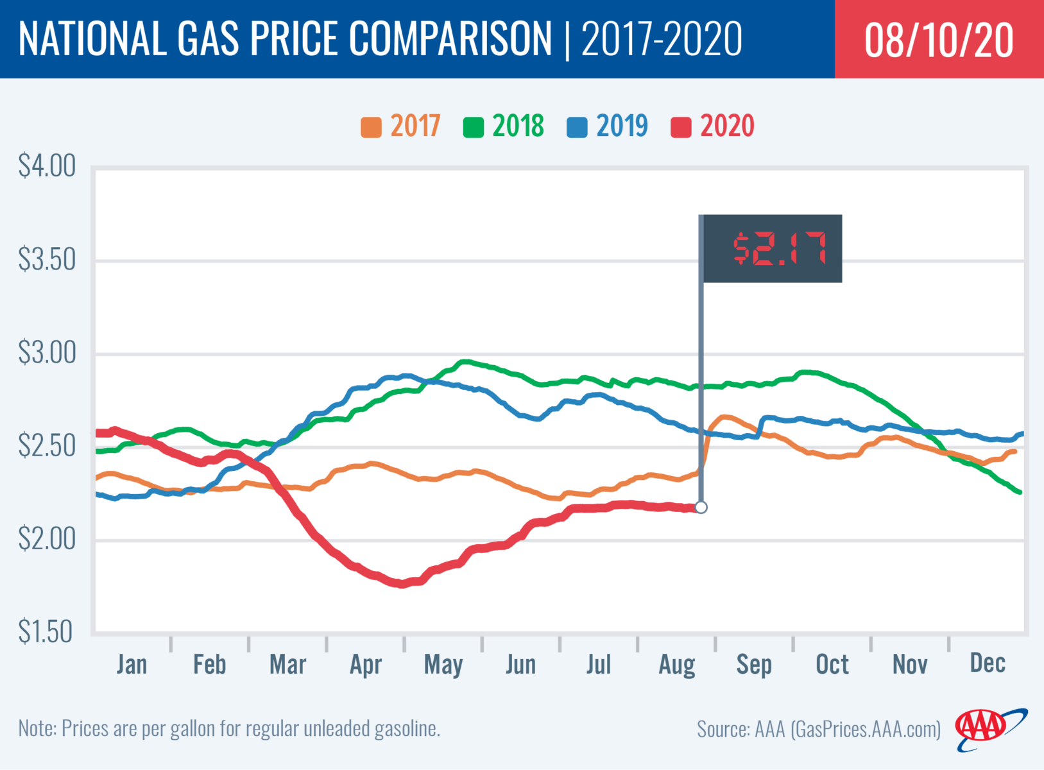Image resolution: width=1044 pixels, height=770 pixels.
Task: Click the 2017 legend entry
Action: click(402, 126)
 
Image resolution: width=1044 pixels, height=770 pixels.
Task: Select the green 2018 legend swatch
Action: click(474, 127)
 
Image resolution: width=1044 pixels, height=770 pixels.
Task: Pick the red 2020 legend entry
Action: click(713, 126)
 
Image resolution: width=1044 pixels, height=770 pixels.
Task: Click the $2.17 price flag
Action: click(773, 249)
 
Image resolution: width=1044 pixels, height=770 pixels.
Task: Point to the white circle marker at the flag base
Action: click(701, 508)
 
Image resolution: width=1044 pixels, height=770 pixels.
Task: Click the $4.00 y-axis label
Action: click(47, 166)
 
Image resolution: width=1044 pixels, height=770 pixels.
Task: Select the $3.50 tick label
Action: click(47, 260)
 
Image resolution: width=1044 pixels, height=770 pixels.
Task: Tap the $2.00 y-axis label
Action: click(47, 539)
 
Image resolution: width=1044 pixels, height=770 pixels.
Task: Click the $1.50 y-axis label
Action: click(46, 632)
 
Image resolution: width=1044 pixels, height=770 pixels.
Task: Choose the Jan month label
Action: click(132, 665)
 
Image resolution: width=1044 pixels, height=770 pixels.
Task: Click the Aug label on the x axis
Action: click(677, 665)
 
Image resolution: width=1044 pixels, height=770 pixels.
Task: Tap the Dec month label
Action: click(988, 663)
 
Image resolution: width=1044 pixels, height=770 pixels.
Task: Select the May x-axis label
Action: click(443, 665)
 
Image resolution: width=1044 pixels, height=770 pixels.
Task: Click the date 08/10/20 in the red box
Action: click(939, 40)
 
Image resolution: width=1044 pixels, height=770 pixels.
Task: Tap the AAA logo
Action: click(988, 729)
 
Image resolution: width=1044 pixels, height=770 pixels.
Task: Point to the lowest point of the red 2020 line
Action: click(402, 584)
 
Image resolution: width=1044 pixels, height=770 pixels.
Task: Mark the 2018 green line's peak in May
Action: click(466, 362)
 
